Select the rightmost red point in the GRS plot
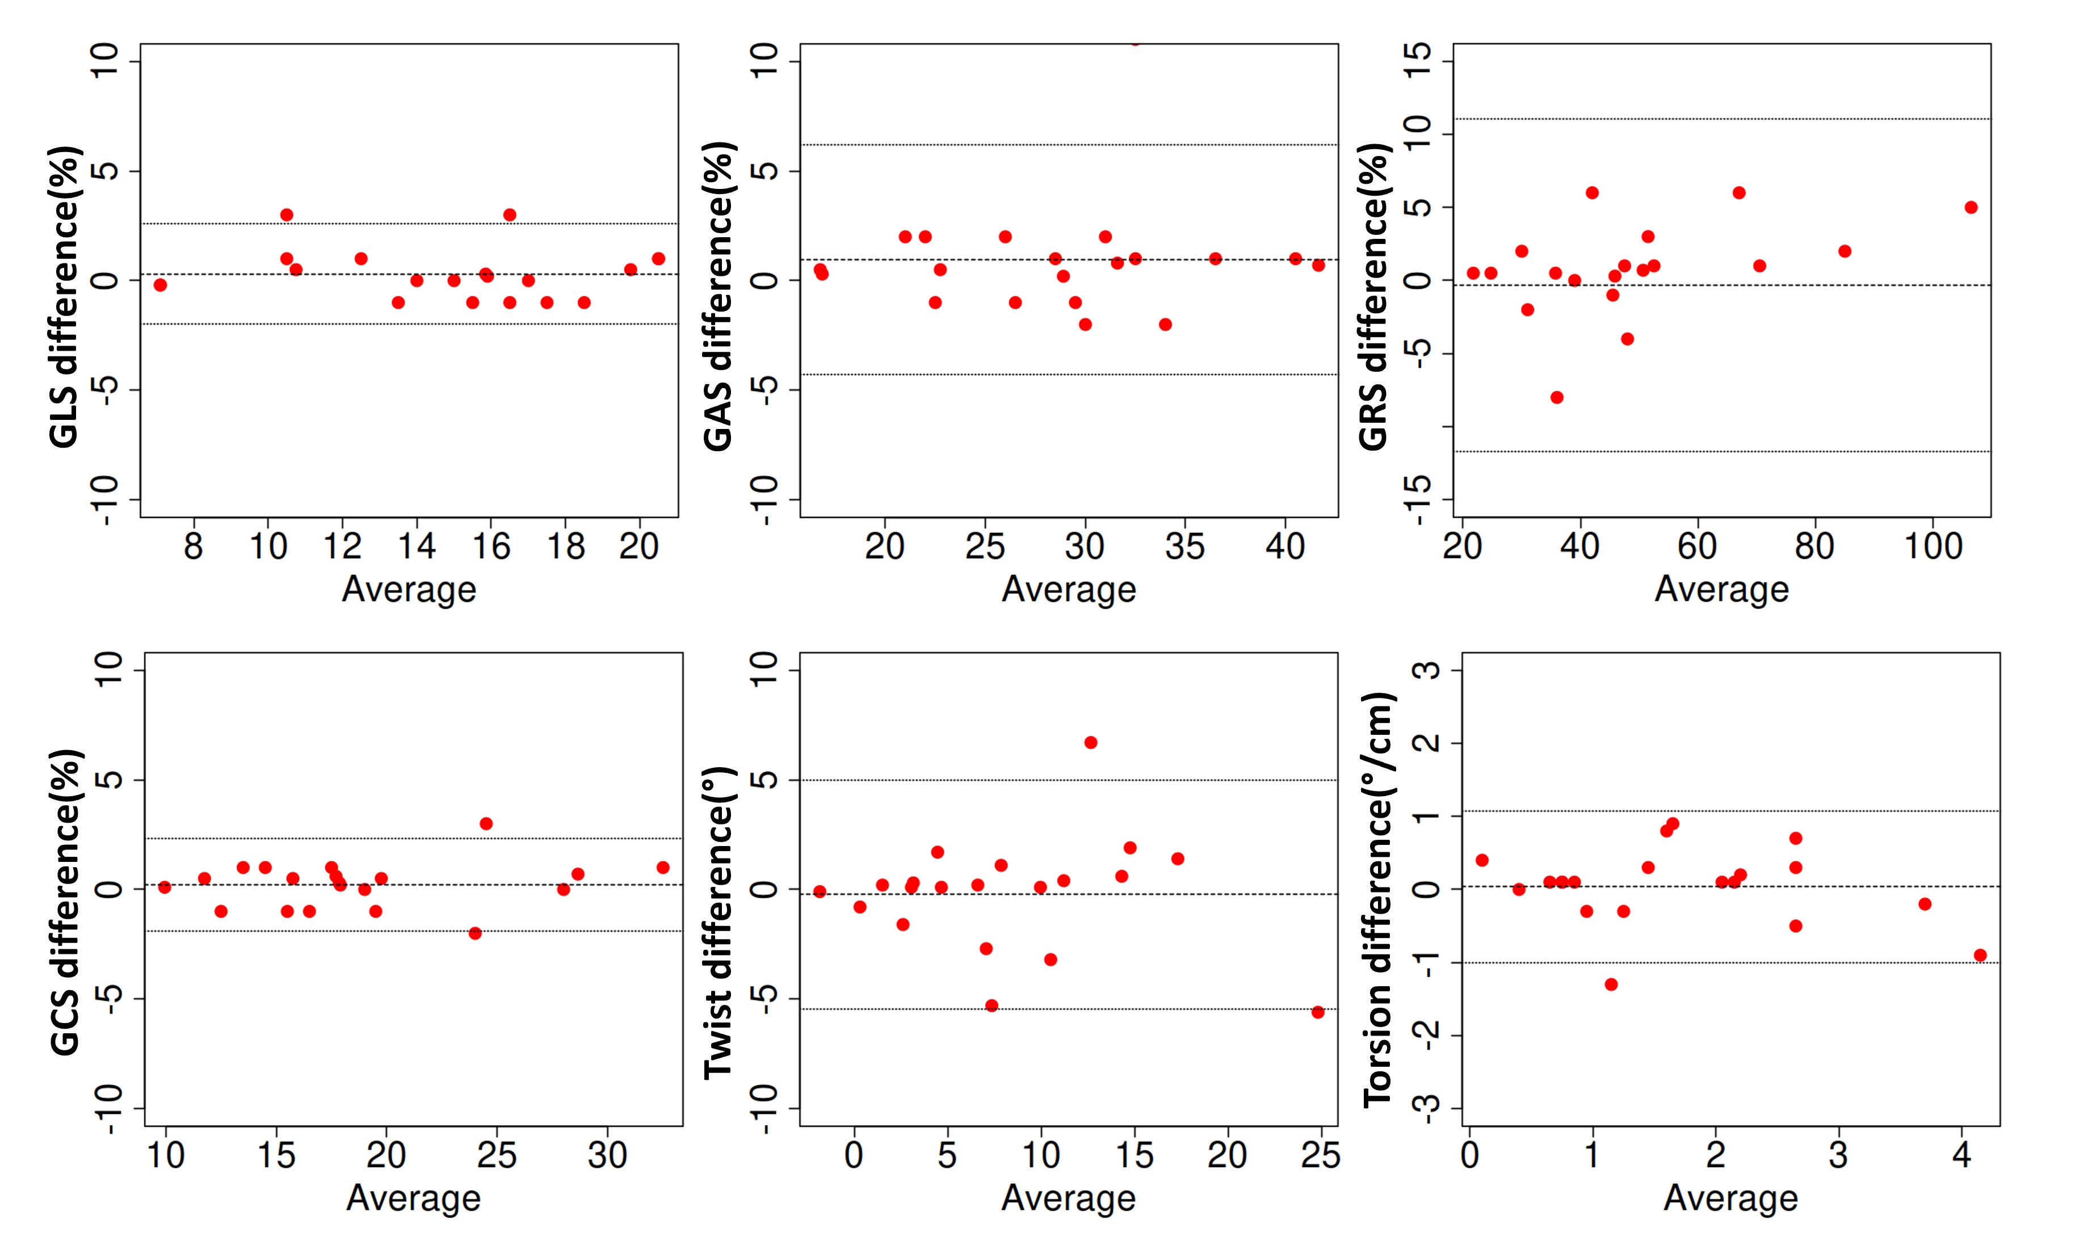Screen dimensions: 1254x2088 (1971, 208)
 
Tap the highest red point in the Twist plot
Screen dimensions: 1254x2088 (1091, 743)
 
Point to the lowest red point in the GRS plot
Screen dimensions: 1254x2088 (1557, 397)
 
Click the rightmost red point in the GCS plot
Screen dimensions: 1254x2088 (663, 868)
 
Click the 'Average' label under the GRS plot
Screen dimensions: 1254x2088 (1721, 590)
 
